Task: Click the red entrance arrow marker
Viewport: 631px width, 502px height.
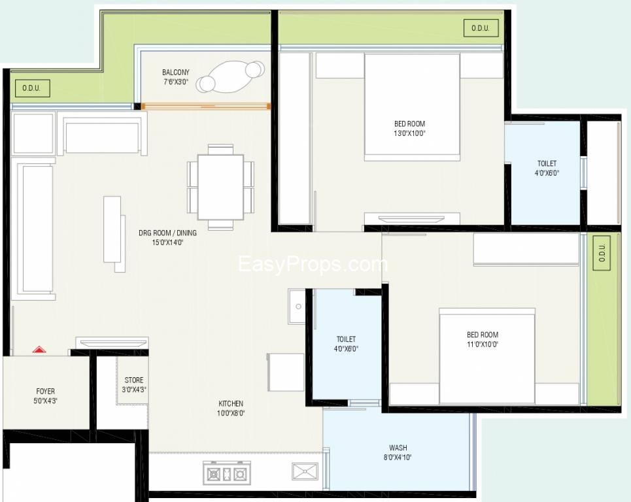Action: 39,349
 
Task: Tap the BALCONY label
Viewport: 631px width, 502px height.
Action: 175,73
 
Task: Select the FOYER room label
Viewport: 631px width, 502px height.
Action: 46,391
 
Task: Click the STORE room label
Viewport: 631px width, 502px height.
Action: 134,380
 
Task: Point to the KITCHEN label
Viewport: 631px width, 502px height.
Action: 231,403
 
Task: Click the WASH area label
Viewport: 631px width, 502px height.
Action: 398,448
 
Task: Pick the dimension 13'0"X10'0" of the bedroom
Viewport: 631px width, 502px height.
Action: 410,133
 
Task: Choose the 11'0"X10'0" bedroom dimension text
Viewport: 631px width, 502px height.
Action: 483,344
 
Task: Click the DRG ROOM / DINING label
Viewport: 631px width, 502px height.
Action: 168,233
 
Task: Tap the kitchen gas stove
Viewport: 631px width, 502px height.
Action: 227,473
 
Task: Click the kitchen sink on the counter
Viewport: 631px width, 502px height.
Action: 305,471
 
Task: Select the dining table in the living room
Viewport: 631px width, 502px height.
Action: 220,188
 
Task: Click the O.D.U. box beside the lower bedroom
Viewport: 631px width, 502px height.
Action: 602,252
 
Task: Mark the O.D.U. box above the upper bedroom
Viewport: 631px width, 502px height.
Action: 481,28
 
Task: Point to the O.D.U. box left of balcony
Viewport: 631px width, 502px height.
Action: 32,88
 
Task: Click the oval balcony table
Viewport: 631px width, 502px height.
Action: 231,76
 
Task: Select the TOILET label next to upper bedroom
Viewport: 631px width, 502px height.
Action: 547,163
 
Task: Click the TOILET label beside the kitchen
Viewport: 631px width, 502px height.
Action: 346,339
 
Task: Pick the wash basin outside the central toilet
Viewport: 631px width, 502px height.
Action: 298,307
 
